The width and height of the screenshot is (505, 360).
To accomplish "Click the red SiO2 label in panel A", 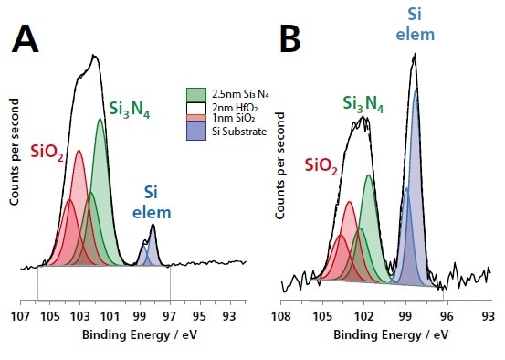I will click(47, 153).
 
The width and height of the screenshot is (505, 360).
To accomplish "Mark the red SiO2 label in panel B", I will click(320, 166).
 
